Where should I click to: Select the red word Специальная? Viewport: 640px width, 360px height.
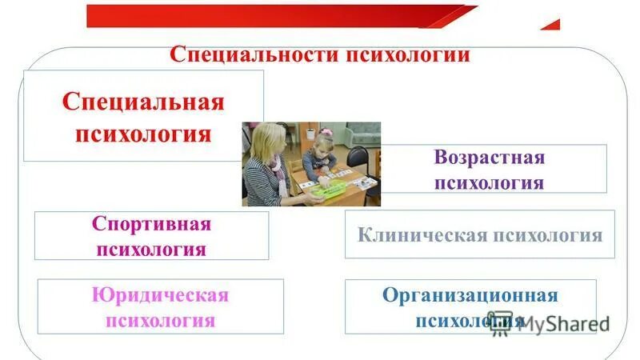point(143,102)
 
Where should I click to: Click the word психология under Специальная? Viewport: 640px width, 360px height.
point(143,131)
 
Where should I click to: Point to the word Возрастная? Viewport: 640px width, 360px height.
point(490,157)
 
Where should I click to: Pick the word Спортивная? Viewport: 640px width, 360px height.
point(151,223)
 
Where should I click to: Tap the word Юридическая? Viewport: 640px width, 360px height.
point(160,295)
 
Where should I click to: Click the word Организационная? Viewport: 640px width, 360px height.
point(470,295)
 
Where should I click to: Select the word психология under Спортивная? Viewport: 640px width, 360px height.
point(151,249)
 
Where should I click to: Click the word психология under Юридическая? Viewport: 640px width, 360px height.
point(160,321)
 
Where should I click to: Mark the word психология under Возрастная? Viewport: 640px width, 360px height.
point(490,182)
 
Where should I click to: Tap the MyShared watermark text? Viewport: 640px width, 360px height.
point(565,323)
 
